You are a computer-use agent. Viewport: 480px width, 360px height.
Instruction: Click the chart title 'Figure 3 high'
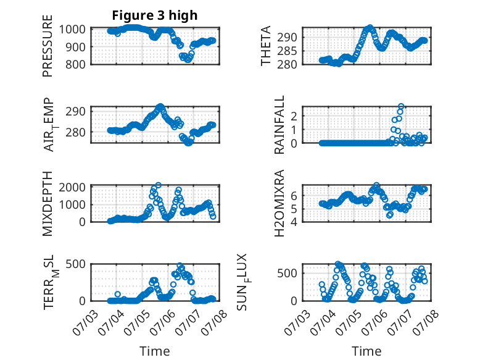tap(155, 15)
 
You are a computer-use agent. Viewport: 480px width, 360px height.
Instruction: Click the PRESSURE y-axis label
tap(48, 46)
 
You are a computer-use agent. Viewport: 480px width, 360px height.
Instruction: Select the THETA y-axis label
tap(266, 46)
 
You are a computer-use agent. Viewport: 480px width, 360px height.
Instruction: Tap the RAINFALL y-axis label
tap(279, 125)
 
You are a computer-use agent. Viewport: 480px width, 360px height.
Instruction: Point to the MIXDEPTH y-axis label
tap(48, 204)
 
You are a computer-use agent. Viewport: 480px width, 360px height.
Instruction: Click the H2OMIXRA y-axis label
tap(279, 203)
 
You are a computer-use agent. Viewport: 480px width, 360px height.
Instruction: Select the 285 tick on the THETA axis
tap(287, 51)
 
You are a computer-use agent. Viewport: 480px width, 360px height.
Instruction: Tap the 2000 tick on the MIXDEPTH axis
tap(72, 187)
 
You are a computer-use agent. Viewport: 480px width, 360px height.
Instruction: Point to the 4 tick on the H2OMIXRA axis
tap(294, 222)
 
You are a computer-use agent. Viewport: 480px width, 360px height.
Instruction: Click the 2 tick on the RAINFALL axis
tap(294, 117)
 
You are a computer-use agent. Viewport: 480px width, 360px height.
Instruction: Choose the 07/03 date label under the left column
tap(86, 322)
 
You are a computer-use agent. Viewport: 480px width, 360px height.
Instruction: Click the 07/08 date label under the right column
tap(426, 322)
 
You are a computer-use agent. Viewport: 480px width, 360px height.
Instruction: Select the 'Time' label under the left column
tap(155, 351)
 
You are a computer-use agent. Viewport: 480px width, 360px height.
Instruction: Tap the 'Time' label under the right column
tap(366, 351)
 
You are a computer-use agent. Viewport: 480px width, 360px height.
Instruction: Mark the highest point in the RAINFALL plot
tap(401, 106)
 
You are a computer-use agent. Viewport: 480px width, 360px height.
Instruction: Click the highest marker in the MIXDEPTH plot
tap(159, 185)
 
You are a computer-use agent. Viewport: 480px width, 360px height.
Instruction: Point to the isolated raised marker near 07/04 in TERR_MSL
tap(118, 294)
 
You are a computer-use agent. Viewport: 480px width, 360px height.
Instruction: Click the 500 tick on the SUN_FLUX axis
tap(287, 274)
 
